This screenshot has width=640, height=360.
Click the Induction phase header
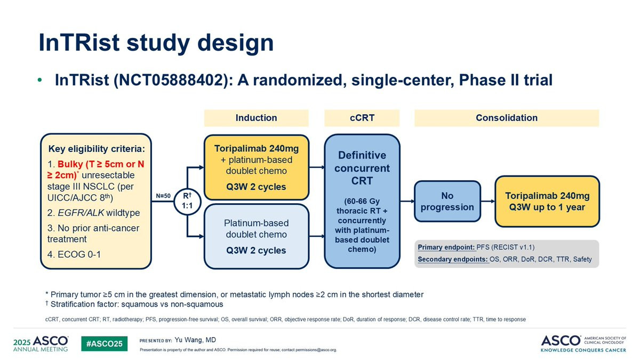(257, 118)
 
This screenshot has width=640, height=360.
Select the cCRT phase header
(362, 118)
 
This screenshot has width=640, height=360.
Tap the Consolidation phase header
(507, 118)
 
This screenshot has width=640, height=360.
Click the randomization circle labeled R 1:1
(187, 202)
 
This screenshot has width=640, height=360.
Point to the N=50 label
(163, 196)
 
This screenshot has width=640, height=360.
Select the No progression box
(447, 202)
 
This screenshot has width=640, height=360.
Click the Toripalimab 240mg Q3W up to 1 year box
(547, 202)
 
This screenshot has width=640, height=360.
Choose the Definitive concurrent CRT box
(362, 202)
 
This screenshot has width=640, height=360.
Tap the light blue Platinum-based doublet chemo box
(257, 237)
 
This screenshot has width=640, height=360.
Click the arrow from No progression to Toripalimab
(488, 202)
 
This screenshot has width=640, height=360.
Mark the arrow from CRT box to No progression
(407, 202)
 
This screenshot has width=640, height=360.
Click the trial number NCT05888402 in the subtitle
(171, 80)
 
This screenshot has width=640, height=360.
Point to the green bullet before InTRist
(39, 80)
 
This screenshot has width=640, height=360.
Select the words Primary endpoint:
(446, 247)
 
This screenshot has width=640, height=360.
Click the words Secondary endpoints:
(453, 259)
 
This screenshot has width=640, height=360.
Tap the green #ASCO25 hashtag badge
(105, 343)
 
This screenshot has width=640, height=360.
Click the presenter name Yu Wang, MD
(195, 340)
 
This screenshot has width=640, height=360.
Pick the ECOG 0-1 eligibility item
(74, 254)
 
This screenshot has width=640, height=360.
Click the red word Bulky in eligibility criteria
(70, 164)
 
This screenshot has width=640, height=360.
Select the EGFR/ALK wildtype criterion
(94, 213)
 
